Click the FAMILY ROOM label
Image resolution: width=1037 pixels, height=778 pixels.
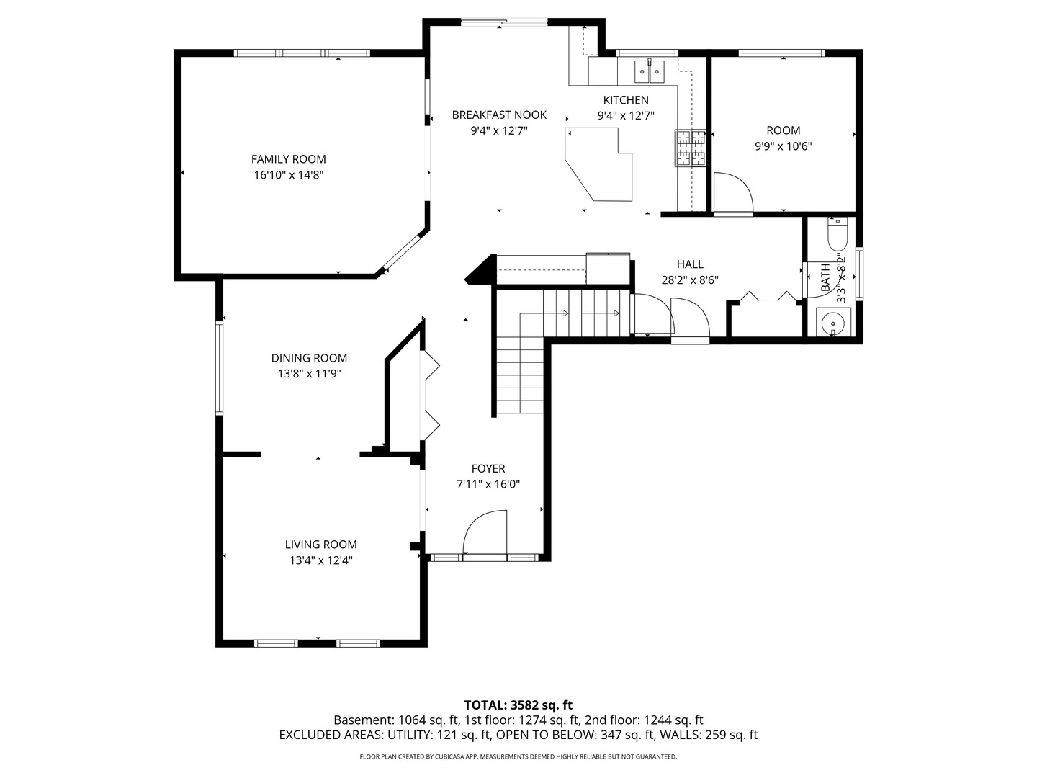288,159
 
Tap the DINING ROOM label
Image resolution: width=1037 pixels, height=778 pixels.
309,358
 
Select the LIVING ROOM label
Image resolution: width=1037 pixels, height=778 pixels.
320,544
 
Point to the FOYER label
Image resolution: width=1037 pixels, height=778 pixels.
488,468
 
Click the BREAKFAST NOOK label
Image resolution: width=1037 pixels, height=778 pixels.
499,115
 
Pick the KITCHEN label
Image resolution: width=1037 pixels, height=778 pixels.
626,100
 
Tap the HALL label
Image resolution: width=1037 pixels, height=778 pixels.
690,264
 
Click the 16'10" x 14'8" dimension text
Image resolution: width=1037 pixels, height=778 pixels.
288,175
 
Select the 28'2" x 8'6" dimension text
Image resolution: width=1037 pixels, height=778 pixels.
690,280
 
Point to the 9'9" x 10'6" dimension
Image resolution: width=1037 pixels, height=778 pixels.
783,146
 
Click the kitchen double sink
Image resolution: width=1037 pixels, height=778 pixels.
649,72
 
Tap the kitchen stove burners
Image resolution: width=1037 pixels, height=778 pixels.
690,148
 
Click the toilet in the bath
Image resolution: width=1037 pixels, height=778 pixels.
837,233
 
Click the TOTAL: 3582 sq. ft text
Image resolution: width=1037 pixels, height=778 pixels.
518,705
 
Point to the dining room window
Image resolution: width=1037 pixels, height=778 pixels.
219,369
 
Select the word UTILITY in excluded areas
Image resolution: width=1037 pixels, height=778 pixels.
410,735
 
